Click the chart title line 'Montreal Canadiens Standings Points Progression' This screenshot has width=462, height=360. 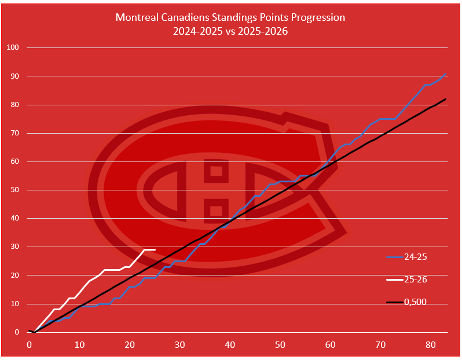click(230, 17)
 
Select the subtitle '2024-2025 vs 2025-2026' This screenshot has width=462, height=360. click(230, 31)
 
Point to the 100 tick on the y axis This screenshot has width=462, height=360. click(13, 47)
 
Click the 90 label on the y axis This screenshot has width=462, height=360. click(14, 76)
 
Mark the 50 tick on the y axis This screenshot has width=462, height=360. click(14, 190)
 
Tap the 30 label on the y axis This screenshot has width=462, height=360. click(14, 247)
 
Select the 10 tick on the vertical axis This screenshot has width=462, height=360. click(14, 304)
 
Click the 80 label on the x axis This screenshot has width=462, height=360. click(431, 344)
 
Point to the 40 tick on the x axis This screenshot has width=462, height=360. click(230, 344)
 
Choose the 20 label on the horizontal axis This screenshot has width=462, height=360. click(130, 344)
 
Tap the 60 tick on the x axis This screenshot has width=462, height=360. click(330, 344)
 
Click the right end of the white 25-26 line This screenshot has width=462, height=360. click(155, 249)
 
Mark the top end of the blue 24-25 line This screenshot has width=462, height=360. click(445, 74)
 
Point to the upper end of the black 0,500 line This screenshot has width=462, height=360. click(445, 99)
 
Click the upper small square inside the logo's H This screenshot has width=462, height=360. click(216, 171)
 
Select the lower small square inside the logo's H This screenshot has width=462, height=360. click(216, 210)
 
